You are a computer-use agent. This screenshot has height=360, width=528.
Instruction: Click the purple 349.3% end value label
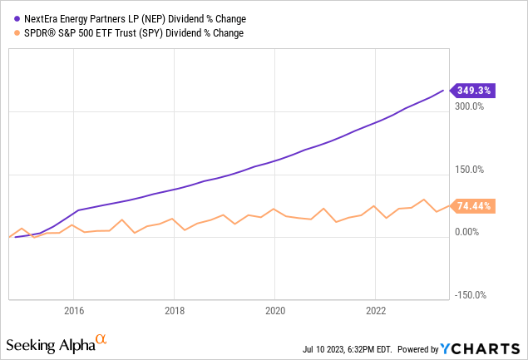[x=472, y=90]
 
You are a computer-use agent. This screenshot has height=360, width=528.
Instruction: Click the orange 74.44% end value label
[x=472, y=205]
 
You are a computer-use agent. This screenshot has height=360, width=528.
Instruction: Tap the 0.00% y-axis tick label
[x=470, y=232]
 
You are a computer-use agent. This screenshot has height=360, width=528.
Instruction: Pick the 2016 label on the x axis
[x=73, y=310]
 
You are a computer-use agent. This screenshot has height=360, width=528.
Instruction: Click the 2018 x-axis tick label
[x=174, y=310]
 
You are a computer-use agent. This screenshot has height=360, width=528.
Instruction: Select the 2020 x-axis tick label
[x=275, y=310]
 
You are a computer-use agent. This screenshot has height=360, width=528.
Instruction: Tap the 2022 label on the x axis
[x=376, y=310]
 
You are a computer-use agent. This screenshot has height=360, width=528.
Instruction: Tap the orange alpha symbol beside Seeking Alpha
[x=101, y=340]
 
